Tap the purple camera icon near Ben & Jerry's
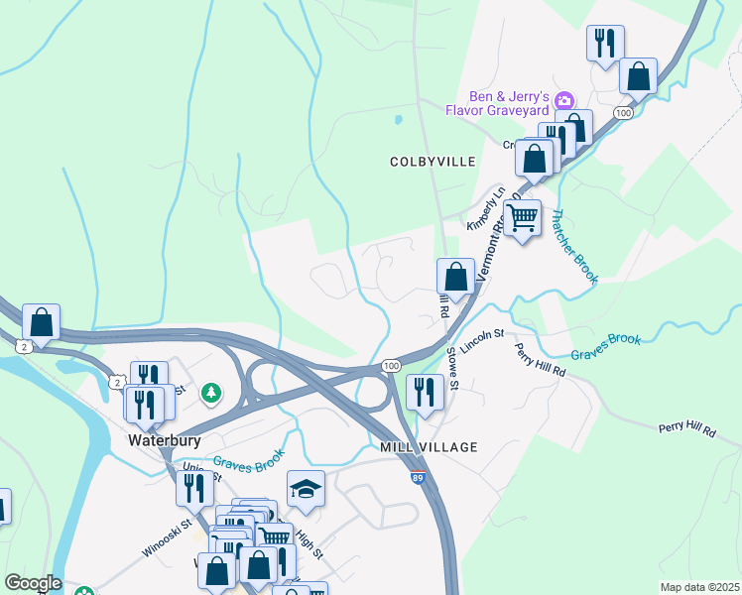pos(563,99)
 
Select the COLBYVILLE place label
pos(433,161)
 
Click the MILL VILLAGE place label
pos(429,448)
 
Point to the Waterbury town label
pos(165,439)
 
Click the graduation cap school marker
pos(306,489)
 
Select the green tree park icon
pos(210,394)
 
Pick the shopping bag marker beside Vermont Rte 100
pos(455,277)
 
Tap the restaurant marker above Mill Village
pos(425,393)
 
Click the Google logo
pos(33,583)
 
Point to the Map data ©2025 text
pos(700,587)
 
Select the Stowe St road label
pos(453,365)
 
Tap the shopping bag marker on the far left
pos(42,321)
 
